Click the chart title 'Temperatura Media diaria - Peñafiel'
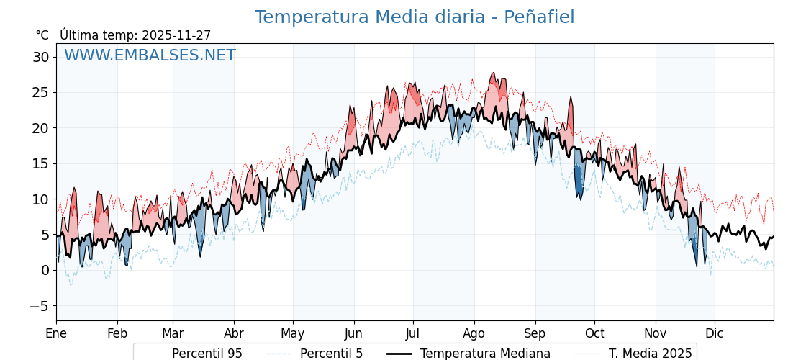click(x=415, y=17)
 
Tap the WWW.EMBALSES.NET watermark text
click(x=150, y=55)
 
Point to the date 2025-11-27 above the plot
click(x=176, y=35)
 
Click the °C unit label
click(x=42, y=35)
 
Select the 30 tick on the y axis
click(x=41, y=57)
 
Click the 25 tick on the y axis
click(x=41, y=92)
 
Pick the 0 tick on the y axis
click(x=45, y=270)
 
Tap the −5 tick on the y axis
click(x=40, y=306)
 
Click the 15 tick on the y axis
click(x=41, y=163)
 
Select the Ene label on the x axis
click(x=56, y=333)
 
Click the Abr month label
click(x=234, y=333)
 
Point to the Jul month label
click(x=413, y=333)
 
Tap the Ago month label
click(x=474, y=333)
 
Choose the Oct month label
click(x=595, y=333)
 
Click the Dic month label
click(x=715, y=333)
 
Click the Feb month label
click(x=117, y=333)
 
